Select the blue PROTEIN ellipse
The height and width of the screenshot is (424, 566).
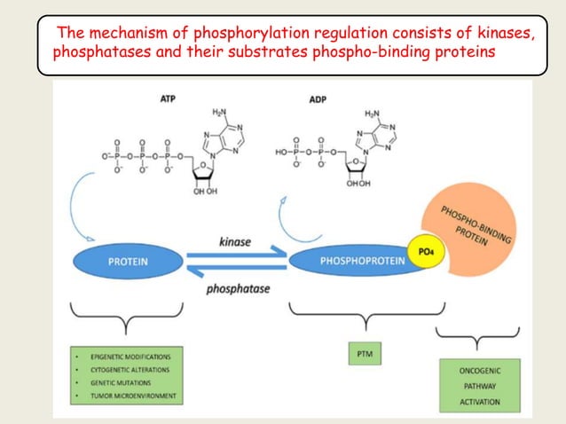click(x=128, y=262)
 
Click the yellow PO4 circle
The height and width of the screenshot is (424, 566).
click(x=424, y=253)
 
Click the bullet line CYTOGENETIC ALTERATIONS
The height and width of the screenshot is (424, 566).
click(x=133, y=369)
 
